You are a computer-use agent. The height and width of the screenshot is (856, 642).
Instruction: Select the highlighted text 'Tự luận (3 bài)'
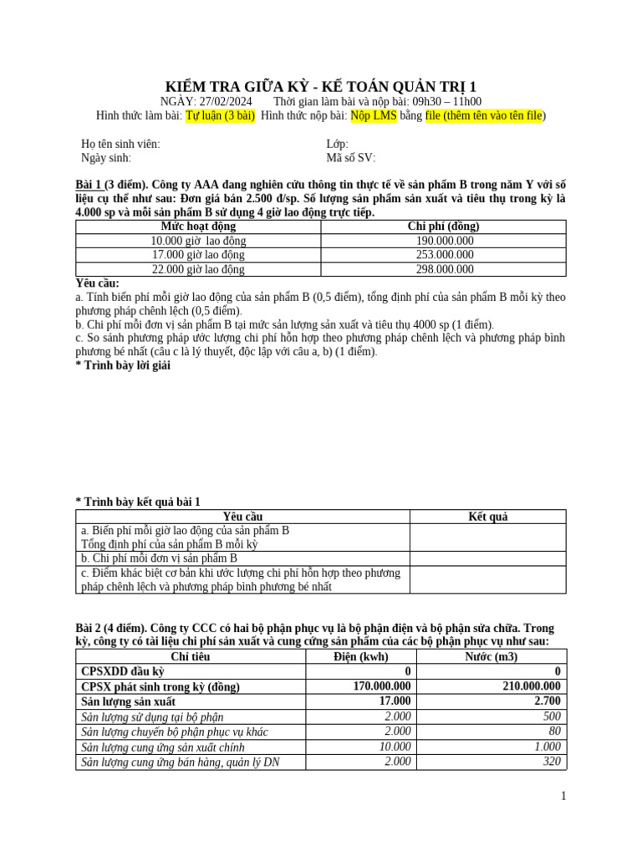(x=220, y=115)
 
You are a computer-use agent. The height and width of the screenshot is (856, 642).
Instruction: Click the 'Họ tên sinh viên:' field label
(x=120, y=144)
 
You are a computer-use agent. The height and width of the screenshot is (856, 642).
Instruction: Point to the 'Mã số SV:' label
(x=351, y=157)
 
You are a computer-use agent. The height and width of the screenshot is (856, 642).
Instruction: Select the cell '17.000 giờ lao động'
(x=198, y=255)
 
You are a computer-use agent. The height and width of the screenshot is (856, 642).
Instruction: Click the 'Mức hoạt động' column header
(x=198, y=227)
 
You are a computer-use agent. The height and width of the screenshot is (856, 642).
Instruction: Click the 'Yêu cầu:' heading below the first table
(x=97, y=283)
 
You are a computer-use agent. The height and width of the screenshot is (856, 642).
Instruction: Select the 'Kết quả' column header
(x=487, y=517)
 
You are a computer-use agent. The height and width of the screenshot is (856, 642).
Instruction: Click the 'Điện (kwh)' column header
(x=359, y=657)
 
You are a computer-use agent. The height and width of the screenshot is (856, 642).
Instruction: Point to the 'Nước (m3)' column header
(x=491, y=657)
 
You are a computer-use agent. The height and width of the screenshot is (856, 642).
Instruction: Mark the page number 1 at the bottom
(x=563, y=797)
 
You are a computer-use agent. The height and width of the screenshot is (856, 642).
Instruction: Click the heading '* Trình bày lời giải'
(x=122, y=366)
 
